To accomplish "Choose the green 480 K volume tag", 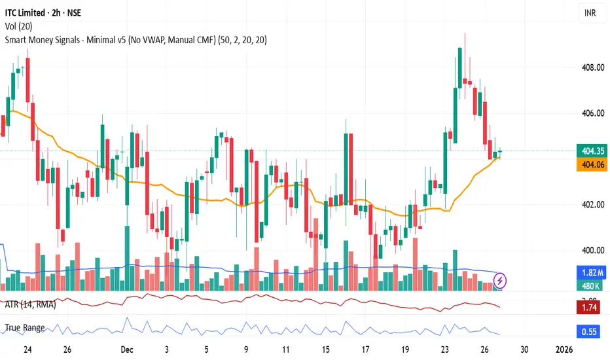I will [x=587, y=285].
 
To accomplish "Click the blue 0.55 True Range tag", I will [x=587, y=331].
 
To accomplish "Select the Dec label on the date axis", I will [x=131, y=349].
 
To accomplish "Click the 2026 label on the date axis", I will [x=566, y=349].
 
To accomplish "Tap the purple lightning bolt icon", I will [x=501, y=280].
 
